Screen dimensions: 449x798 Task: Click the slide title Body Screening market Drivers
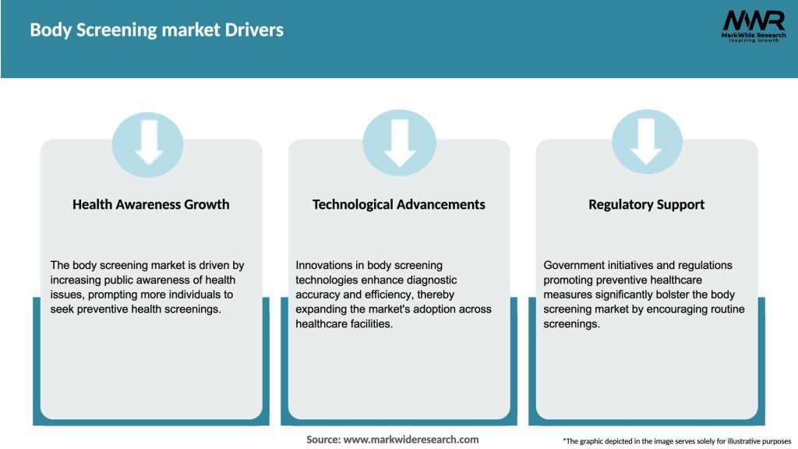157,30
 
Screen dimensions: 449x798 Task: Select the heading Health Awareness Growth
151,204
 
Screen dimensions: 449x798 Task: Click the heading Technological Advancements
399,204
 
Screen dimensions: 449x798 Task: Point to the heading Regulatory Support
646,204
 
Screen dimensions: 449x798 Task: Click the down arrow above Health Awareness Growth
148,142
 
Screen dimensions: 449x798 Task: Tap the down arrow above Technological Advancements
399,142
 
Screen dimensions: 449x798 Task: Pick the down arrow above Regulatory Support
646,142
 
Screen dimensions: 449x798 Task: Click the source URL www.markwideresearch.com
411,440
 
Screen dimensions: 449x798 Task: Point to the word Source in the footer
323,440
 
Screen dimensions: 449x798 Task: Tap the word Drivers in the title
256,30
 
